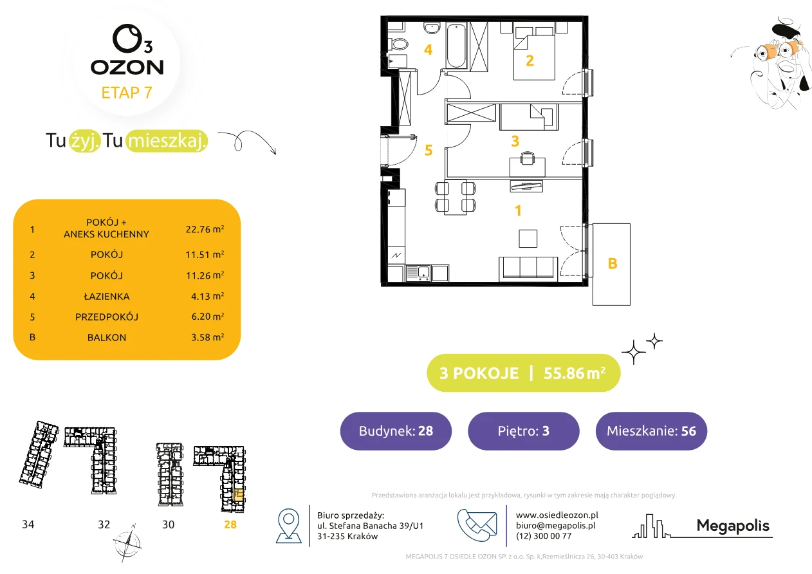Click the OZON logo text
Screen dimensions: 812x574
click(x=127, y=68)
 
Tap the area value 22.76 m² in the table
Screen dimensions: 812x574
click(x=205, y=229)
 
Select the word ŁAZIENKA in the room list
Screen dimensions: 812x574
click(x=107, y=296)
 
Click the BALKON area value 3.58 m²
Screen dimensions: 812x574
click(x=207, y=337)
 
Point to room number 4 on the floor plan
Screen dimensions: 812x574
click(x=428, y=50)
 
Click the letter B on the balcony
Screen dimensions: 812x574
click(x=613, y=264)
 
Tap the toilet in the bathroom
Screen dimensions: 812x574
click(x=398, y=44)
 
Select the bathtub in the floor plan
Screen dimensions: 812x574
click(x=456, y=46)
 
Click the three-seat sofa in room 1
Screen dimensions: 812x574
click(x=528, y=269)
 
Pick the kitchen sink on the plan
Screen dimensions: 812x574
click(x=418, y=273)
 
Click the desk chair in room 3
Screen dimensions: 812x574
click(x=528, y=158)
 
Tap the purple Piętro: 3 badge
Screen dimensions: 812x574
click(x=524, y=430)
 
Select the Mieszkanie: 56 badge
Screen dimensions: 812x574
click(x=651, y=430)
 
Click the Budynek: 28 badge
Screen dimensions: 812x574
click(x=396, y=430)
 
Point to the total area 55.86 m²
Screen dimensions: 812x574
click(x=574, y=373)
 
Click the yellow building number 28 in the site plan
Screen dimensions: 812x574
click(x=230, y=524)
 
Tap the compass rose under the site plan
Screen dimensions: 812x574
click(x=127, y=543)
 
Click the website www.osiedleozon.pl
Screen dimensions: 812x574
click(x=557, y=515)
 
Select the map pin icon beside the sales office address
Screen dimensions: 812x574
click(x=288, y=525)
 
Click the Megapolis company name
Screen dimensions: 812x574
click(x=733, y=526)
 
